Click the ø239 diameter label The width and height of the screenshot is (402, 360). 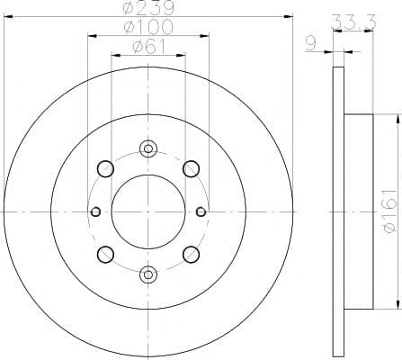point(148,8)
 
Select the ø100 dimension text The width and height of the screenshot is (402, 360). point(148,27)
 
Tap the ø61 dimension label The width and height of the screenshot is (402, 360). point(148,47)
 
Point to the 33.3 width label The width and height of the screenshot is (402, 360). point(353,22)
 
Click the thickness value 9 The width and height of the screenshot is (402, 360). point(311,44)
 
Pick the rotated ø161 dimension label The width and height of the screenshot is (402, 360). point(389,211)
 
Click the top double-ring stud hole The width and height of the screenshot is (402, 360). point(148,148)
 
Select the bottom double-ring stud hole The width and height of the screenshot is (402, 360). point(148,274)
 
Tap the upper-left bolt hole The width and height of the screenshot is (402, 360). point(105,168)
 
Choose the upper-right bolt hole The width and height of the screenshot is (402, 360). point(191,168)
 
